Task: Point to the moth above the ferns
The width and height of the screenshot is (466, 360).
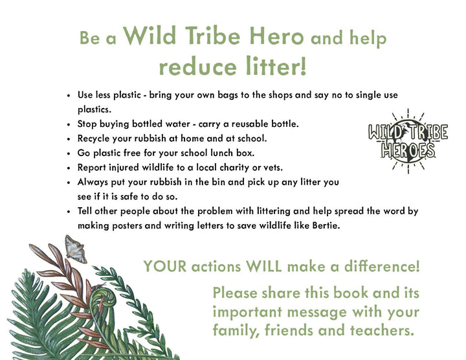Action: pyautogui.click(x=75, y=249)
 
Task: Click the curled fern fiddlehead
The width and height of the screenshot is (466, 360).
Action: pyautogui.click(x=104, y=305)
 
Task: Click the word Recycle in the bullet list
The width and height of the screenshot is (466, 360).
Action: pyautogui.click(x=94, y=139)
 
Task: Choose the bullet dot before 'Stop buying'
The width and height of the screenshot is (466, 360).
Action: pyautogui.click(x=69, y=124)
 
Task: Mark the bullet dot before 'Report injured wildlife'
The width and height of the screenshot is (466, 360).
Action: pyautogui.click(x=69, y=168)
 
